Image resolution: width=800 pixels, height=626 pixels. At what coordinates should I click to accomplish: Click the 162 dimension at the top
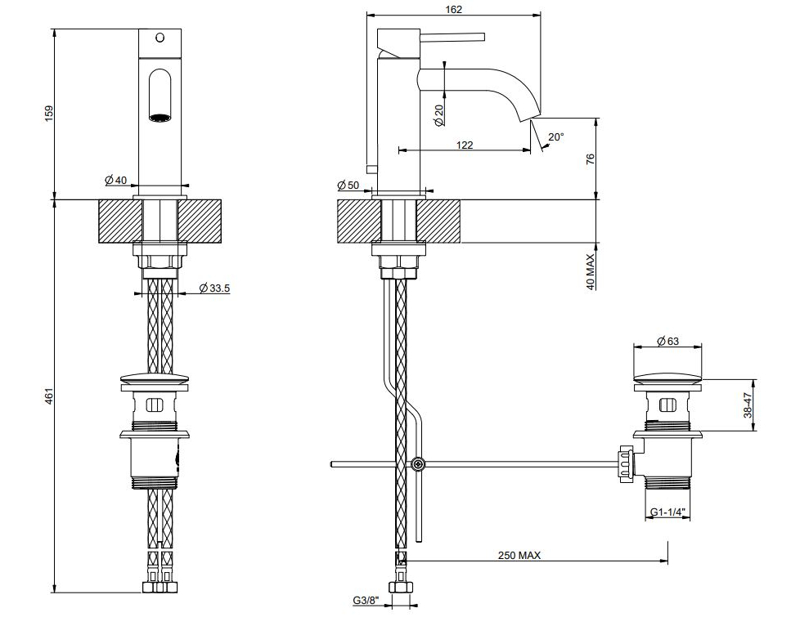point(453,9)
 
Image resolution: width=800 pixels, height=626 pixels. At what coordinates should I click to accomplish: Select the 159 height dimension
point(49,114)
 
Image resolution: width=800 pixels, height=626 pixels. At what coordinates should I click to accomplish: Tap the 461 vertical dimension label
point(49,396)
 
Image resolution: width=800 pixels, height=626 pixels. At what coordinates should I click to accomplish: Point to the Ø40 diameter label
point(116,180)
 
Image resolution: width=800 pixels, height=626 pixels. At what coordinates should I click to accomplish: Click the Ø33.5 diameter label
point(214,288)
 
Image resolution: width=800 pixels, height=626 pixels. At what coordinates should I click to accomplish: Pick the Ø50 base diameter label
point(348,185)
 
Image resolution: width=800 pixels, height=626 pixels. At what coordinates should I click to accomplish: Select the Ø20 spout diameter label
point(438,114)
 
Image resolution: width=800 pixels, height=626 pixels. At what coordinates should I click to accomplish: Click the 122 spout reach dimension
point(465,145)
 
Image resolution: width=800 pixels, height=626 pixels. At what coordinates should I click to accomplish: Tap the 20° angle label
point(556,137)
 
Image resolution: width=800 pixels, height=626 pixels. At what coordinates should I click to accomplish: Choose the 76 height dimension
point(591,159)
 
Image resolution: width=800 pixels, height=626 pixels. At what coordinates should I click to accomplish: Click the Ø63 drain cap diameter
point(668,341)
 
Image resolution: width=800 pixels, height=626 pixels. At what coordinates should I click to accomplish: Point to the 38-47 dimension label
point(748,405)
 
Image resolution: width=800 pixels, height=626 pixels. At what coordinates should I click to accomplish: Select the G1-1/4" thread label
point(667,512)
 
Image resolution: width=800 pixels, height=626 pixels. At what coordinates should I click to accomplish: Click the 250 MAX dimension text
point(519,555)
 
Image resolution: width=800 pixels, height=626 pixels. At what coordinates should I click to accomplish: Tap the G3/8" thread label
point(366,601)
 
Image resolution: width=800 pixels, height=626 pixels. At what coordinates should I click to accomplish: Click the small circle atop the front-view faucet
point(160,38)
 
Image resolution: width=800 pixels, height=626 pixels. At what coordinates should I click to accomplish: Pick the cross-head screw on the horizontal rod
point(418,464)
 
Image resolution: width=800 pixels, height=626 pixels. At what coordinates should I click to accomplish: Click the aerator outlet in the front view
point(160,118)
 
